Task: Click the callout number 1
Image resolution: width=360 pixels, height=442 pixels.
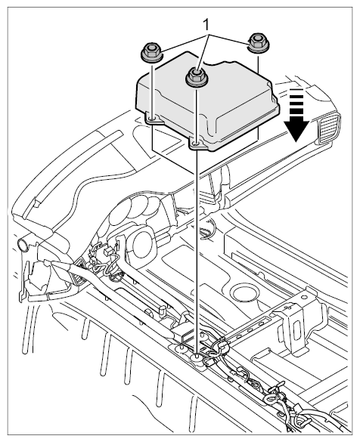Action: (x=207, y=26)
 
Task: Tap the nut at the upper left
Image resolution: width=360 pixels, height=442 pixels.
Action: (x=151, y=52)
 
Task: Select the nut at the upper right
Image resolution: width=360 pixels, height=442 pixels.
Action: (x=258, y=43)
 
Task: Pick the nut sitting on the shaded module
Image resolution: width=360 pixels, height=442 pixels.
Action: (x=195, y=76)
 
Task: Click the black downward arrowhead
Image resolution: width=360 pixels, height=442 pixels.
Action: (x=296, y=130)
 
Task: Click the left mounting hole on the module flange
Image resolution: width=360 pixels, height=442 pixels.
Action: (x=152, y=120)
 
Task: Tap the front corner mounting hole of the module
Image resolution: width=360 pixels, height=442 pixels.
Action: (x=196, y=144)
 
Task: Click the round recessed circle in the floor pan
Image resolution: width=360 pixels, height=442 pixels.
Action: (x=244, y=292)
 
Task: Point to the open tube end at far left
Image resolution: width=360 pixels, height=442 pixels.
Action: (x=23, y=245)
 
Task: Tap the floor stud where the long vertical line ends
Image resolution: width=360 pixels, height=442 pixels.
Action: (x=196, y=358)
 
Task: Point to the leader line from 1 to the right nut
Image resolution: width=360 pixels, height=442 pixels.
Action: (x=229, y=39)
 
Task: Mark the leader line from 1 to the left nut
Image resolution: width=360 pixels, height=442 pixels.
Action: (x=185, y=43)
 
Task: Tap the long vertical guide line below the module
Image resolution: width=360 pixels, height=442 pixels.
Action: (x=196, y=251)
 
